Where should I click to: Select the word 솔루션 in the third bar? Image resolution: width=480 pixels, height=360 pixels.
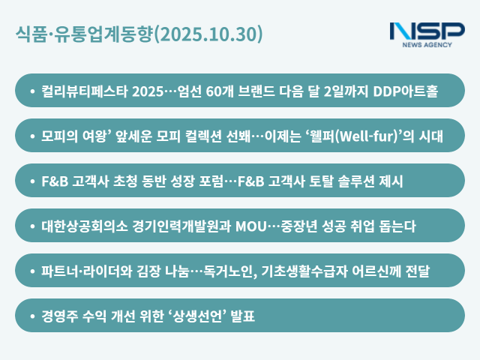point(344,181)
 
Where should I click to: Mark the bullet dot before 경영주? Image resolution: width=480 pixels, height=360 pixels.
point(31,316)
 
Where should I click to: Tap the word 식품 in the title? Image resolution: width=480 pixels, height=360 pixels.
point(29,34)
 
